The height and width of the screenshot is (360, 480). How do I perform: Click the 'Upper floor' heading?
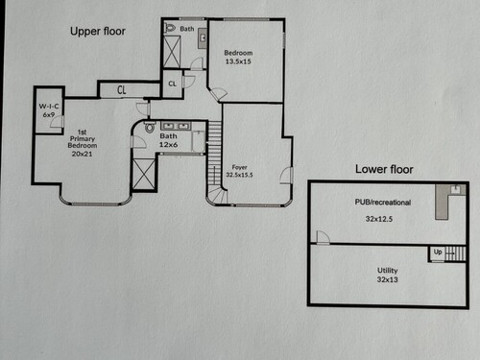point(98,32)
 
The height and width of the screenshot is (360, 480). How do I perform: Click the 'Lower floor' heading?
point(384,169)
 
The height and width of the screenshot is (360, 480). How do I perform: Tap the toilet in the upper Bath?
point(170,28)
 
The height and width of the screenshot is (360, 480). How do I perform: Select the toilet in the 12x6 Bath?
point(150,127)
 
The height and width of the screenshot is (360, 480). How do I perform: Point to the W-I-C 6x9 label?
point(49,110)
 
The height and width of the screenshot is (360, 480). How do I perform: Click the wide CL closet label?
point(122,90)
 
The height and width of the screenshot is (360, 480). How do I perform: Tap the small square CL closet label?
point(172,84)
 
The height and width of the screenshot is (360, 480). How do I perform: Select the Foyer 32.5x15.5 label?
point(239,171)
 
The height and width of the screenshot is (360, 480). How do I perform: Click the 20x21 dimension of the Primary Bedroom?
point(82,154)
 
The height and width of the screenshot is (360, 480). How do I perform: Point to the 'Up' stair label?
point(438,252)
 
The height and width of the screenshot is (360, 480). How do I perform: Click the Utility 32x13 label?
point(387,275)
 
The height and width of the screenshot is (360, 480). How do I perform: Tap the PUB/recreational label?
point(383,203)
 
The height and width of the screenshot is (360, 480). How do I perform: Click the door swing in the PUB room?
point(323,237)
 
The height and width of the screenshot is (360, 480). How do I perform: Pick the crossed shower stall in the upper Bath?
point(172,52)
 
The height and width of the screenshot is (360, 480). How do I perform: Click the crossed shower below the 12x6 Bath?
point(144,175)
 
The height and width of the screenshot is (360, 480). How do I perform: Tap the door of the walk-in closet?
point(58,122)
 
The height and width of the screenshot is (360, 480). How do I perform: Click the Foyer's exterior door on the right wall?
point(287,176)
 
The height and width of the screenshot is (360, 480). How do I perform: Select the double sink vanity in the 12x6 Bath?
point(176,126)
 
